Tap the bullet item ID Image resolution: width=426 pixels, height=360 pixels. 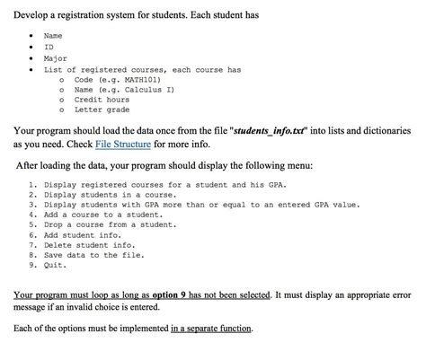click(49, 47)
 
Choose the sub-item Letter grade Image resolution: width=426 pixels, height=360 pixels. click(102, 112)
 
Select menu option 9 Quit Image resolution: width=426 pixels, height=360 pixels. click(56, 266)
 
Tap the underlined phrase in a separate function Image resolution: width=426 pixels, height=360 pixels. click(212, 328)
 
